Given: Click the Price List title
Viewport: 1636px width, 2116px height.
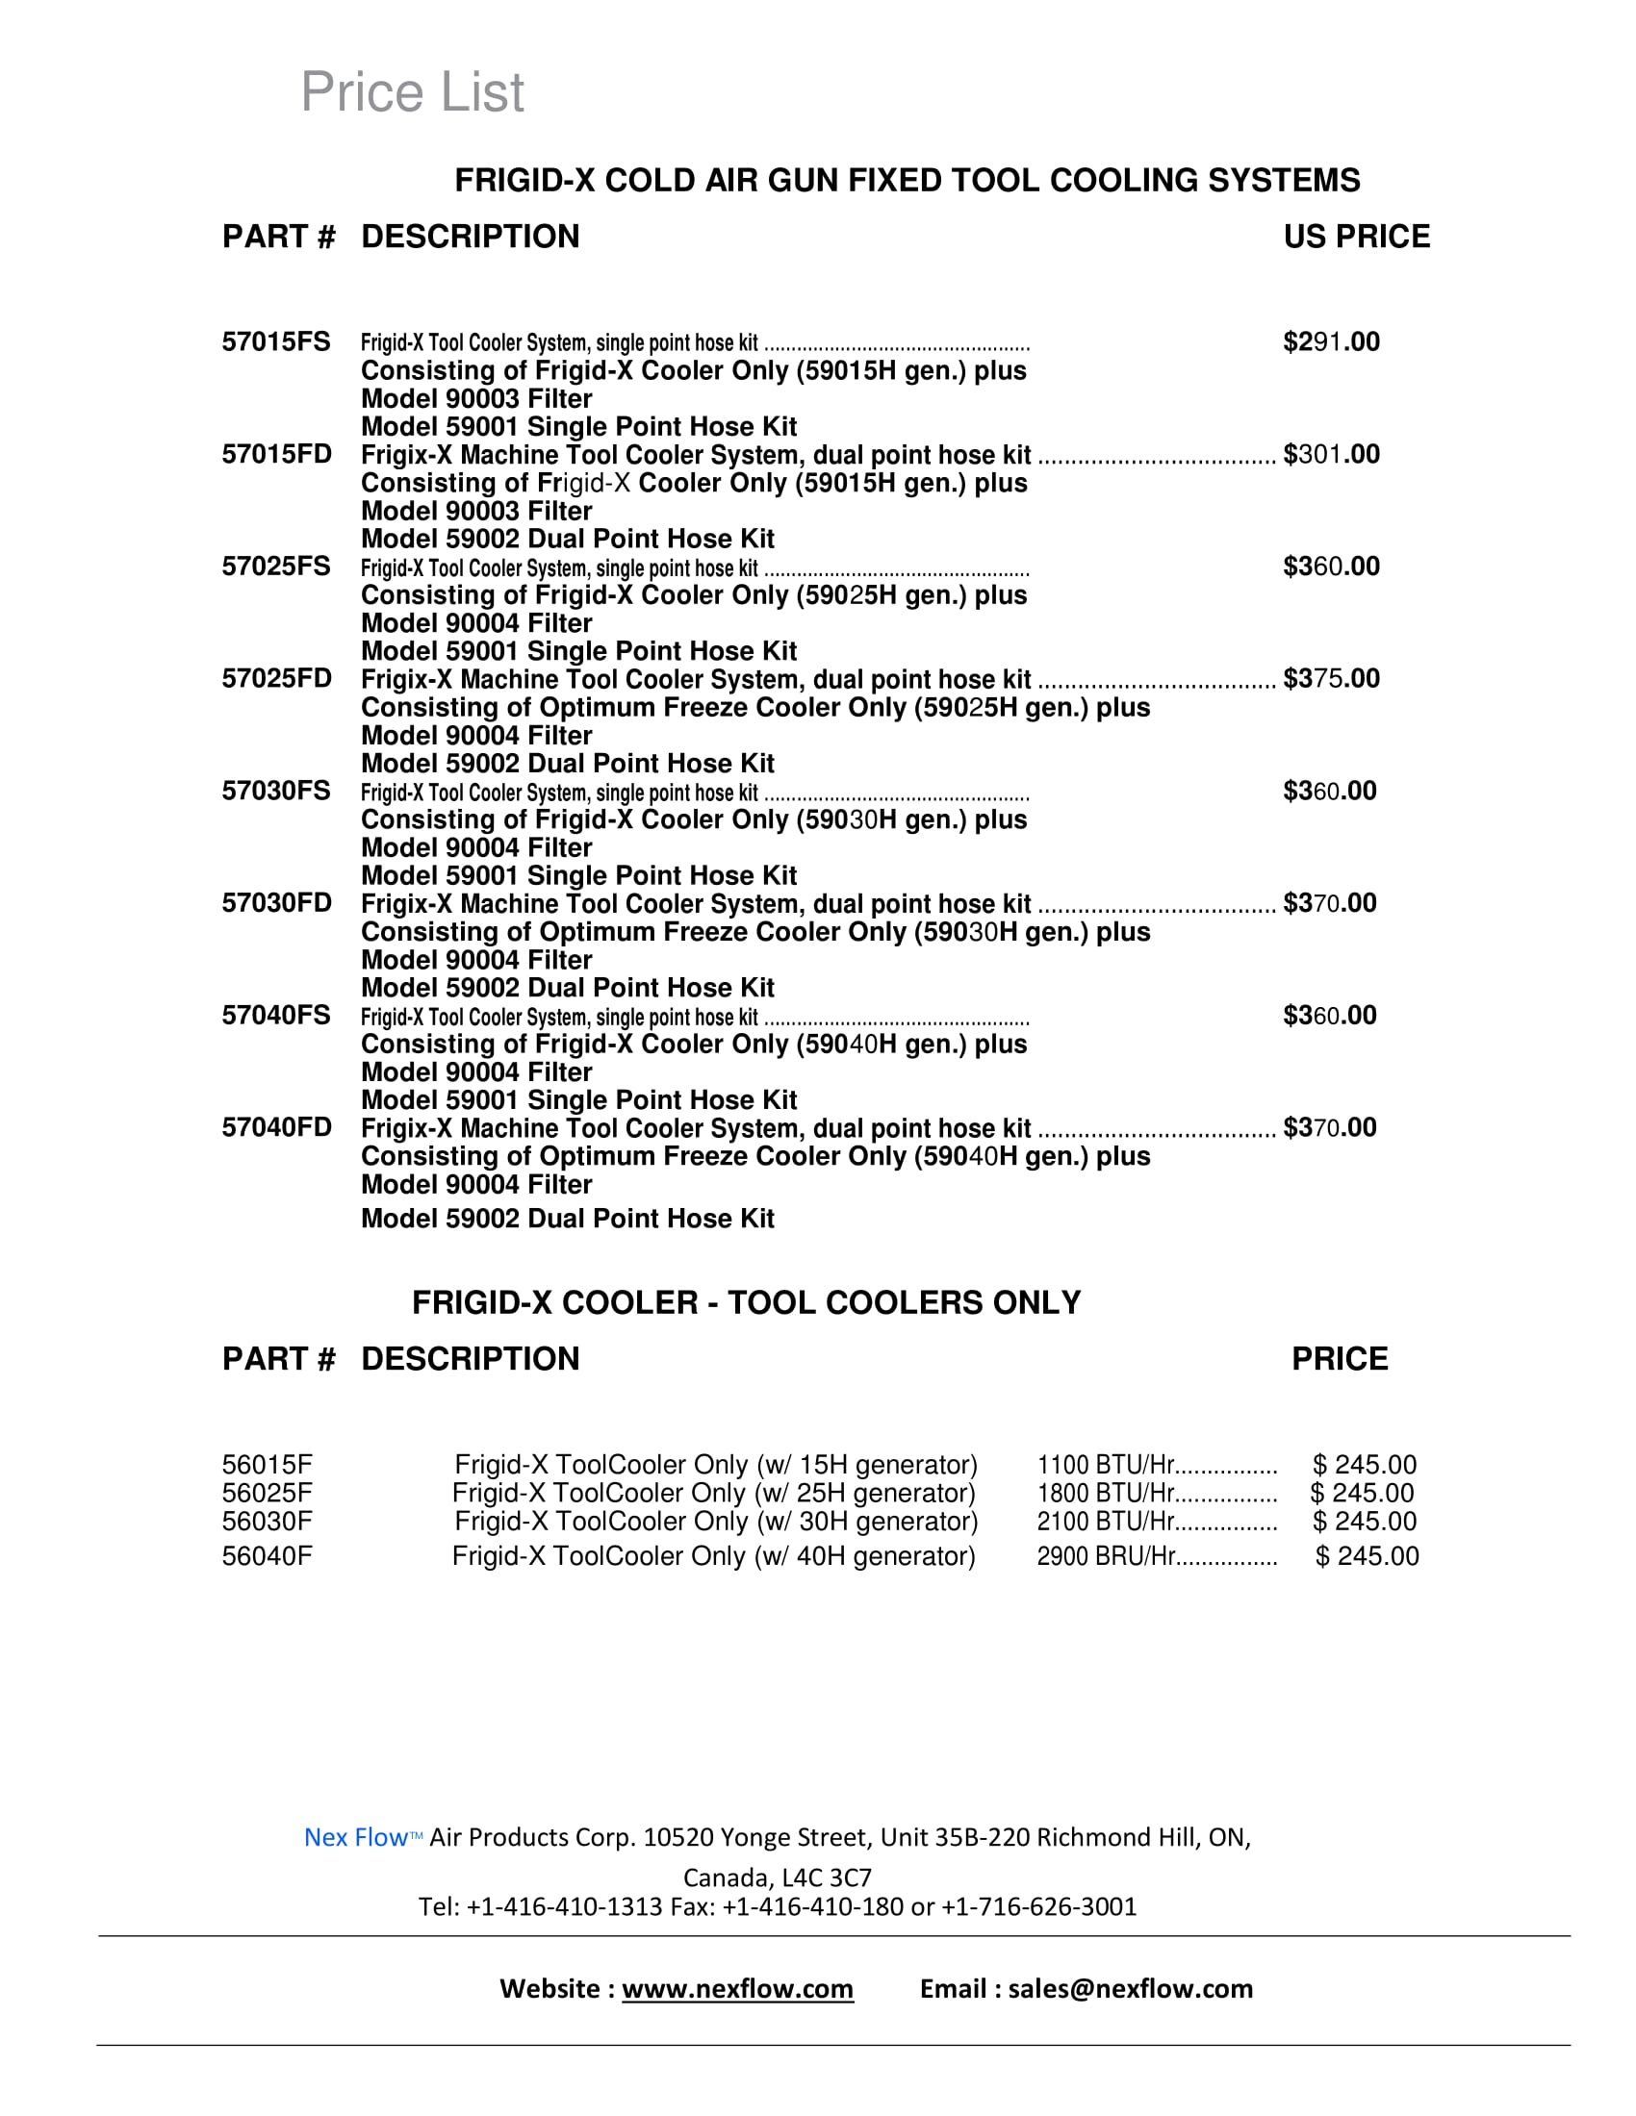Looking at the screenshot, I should [412, 92].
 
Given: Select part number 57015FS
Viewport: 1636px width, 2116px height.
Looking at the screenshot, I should [276, 342].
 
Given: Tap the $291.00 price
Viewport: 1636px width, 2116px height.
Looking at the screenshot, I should [1331, 342].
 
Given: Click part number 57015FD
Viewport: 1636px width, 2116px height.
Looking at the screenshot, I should [276, 454].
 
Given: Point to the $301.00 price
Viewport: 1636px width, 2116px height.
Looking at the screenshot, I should [1331, 454].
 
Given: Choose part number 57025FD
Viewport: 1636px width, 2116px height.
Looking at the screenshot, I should [276, 678].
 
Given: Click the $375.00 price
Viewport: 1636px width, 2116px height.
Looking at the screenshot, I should [1331, 678].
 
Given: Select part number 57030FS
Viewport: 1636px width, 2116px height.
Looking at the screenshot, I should [276, 791].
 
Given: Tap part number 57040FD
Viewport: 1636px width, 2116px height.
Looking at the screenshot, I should [276, 1128].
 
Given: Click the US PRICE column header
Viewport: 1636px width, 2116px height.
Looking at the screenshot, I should [1356, 237].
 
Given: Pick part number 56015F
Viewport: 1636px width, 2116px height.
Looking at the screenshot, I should [267, 1465].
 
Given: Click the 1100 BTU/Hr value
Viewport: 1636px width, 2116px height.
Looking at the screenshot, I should [1106, 1465].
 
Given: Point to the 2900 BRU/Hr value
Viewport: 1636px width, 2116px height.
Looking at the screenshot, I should [1106, 1556].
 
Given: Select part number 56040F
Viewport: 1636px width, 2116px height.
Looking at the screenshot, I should [267, 1556].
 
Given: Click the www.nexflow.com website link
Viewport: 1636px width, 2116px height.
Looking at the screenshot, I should [737, 1989].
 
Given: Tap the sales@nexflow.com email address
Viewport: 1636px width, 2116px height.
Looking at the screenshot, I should [1130, 1989].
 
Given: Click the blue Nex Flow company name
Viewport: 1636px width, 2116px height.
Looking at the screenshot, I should [356, 1838].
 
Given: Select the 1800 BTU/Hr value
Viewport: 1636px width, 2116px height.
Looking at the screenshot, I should [1106, 1493].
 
